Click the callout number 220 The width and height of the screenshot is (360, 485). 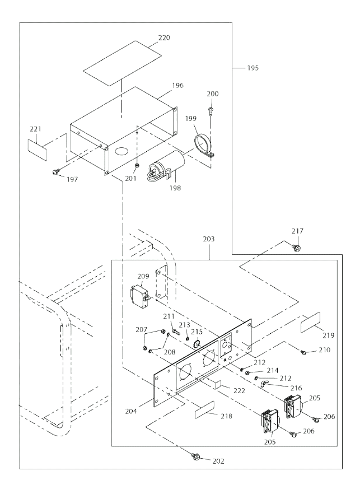point(164,38)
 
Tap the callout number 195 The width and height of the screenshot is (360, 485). point(253,68)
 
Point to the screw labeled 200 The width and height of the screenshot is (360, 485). point(211,111)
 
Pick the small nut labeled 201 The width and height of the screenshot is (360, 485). point(136,166)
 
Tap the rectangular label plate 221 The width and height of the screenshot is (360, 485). point(38,150)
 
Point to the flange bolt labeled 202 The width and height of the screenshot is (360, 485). point(196,456)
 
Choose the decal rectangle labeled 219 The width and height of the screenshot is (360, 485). point(311,322)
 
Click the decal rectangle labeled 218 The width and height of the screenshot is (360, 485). point(204,410)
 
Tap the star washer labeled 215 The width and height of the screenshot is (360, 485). point(197,343)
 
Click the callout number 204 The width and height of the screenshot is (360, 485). point(131,411)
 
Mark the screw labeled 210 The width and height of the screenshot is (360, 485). point(303,352)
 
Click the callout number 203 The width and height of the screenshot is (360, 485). point(208,239)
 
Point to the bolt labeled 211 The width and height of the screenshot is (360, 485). point(176,333)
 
